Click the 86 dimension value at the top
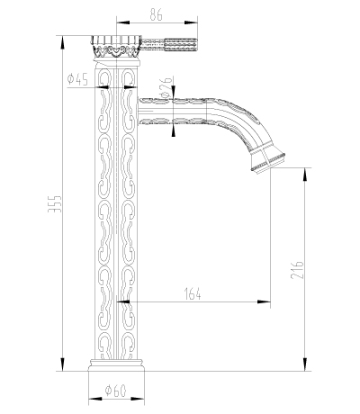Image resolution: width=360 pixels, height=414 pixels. pos(156,14)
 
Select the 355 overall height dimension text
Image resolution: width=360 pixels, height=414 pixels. pos(55,204)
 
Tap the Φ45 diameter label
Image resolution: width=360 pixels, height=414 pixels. pos(77,79)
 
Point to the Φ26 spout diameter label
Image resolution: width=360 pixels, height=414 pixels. pos(166,87)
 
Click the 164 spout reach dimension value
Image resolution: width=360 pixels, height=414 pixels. pos(193,293)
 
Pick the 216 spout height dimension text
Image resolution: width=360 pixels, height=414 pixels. pos(297,270)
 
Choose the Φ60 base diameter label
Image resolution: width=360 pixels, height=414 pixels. pos(116,391)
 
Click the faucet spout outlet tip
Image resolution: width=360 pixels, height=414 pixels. pos(268,163)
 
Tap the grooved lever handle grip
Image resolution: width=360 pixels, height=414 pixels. pos(181,45)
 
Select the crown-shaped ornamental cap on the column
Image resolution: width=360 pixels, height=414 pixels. pos(116,47)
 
